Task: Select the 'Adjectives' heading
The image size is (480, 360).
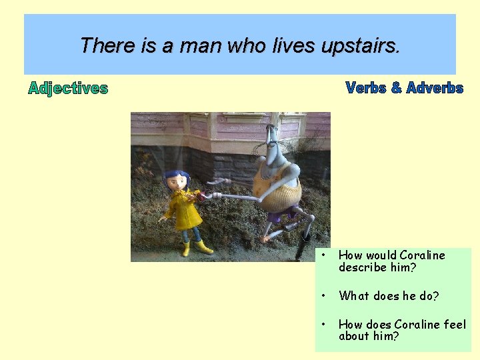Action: (x=68, y=88)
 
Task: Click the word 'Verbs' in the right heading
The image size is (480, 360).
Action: (x=366, y=87)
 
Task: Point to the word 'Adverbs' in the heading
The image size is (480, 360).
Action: (x=434, y=87)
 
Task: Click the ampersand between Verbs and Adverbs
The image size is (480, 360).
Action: (x=396, y=87)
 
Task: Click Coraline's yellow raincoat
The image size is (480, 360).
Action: (x=183, y=212)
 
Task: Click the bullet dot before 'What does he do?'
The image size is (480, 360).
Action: (x=323, y=295)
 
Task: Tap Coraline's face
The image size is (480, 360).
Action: (x=179, y=185)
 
